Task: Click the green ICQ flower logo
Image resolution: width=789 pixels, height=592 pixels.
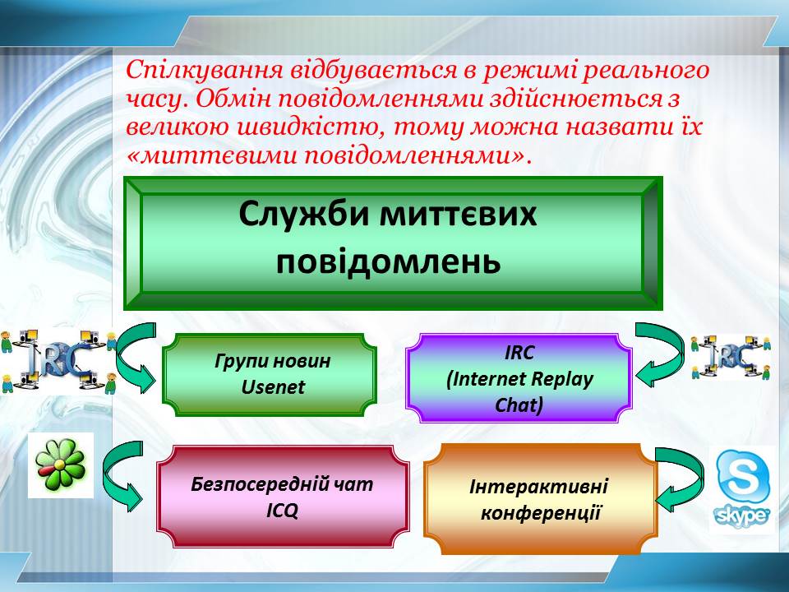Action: pos(61,465)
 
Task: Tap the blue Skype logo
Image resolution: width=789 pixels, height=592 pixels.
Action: pos(742,488)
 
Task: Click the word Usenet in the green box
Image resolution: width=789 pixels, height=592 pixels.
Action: pos(273,387)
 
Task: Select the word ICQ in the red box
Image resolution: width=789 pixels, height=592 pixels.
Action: pos(282,511)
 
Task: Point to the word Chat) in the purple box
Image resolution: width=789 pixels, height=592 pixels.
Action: pos(519,405)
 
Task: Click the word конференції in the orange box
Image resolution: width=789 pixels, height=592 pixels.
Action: pos(541,513)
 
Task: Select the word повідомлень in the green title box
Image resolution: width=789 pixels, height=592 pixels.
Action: pos(389,261)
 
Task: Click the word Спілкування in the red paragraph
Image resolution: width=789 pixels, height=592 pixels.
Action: pos(205,71)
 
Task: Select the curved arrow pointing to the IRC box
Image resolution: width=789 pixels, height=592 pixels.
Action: pos(660,354)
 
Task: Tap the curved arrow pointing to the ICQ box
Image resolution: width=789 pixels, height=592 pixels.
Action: pos(122,476)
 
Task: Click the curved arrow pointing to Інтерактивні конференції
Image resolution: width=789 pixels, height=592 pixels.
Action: pos(680,479)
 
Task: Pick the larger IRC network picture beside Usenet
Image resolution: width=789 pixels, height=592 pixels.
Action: pos(58,361)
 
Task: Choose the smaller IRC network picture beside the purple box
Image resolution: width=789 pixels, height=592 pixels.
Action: pos(731,357)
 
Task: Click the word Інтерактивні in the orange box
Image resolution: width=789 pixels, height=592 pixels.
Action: pos(538,486)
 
